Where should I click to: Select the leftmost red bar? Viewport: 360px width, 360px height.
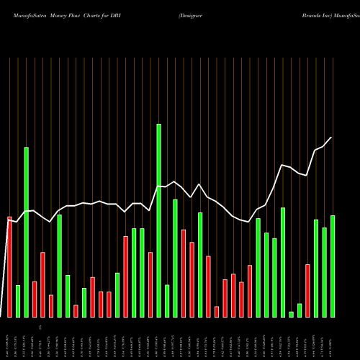[10, 266]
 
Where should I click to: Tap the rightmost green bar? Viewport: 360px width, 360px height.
[333, 266]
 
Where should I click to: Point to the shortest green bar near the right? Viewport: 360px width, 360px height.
[292, 314]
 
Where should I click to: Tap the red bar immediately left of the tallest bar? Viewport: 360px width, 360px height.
[150, 284]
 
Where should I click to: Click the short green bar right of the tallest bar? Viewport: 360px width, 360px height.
[167, 300]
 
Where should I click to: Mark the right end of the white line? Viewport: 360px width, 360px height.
[332, 137]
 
